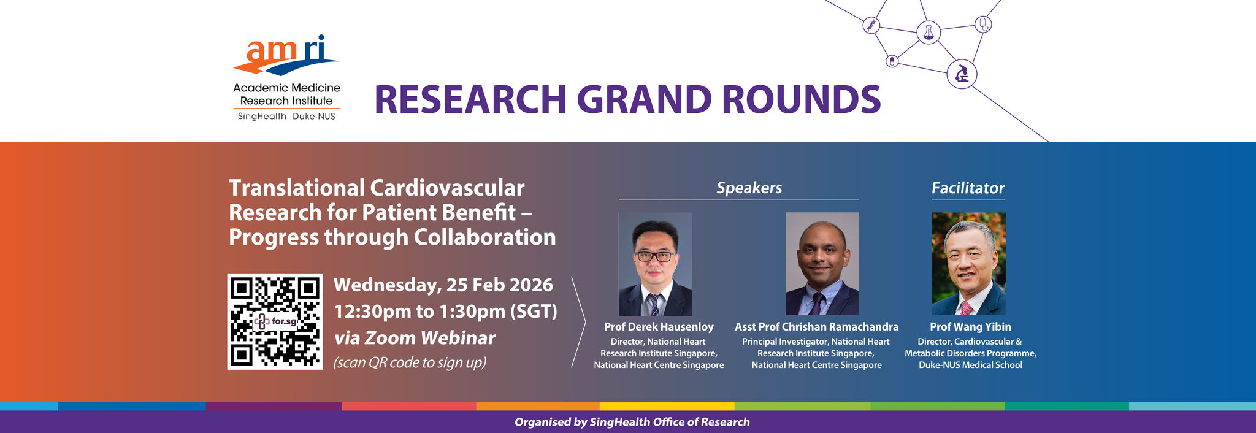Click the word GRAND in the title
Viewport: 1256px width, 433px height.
pos(643,99)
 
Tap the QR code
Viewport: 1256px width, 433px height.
pos(275,321)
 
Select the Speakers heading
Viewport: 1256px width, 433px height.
pos(749,188)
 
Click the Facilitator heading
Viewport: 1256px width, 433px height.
pos(968,188)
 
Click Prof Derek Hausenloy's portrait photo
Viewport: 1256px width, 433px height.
pos(655,264)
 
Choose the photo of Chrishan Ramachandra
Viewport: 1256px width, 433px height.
pos(822,264)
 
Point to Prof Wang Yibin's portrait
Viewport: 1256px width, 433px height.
pos(969,264)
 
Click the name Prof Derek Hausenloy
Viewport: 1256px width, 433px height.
pos(659,327)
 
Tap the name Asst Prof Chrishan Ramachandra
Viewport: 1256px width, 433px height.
pos(816,327)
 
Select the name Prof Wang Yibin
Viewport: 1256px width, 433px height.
pos(970,327)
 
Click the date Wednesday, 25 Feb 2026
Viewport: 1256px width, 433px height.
pos(443,285)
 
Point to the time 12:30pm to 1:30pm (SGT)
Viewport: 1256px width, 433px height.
pos(446,312)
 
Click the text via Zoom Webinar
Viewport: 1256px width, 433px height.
pos(415,338)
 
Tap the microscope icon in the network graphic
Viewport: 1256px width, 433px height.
pos(962,74)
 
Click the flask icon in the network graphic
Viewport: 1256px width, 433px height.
pos(929,32)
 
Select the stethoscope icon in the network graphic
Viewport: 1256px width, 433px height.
pos(983,24)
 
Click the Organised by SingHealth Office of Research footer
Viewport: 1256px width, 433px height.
pos(632,422)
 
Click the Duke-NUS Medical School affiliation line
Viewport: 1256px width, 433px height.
pos(970,365)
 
